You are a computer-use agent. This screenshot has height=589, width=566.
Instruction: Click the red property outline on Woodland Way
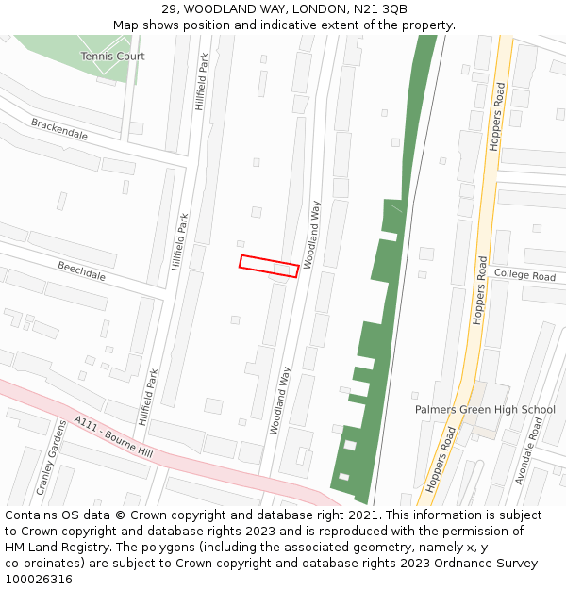tap(269, 266)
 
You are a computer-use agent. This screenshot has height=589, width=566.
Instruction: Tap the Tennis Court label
tap(113, 57)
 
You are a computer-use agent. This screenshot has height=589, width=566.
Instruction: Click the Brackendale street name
tap(59, 129)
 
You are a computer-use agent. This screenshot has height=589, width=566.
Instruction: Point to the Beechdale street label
tap(81, 270)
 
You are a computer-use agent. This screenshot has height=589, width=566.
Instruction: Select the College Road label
tap(524, 276)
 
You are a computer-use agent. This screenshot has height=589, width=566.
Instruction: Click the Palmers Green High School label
tap(485, 410)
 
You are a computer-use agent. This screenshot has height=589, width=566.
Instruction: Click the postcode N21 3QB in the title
tap(381, 9)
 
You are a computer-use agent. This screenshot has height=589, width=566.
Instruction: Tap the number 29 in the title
tap(170, 9)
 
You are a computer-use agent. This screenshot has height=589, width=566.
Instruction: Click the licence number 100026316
tap(41, 580)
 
